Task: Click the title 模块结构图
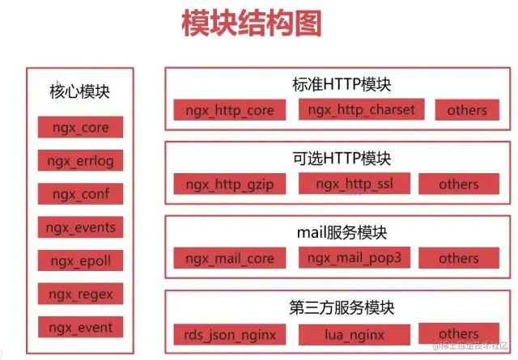click(x=251, y=23)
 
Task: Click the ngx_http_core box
click(x=230, y=110)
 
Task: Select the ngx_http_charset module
click(x=362, y=109)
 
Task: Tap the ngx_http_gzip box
click(x=230, y=184)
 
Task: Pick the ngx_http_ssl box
click(x=354, y=184)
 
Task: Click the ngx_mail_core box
click(x=230, y=259)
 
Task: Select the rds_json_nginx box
click(x=230, y=333)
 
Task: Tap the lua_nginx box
click(x=353, y=333)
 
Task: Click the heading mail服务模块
click(x=342, y=233)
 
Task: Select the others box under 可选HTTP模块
click(x=459, y=184)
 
